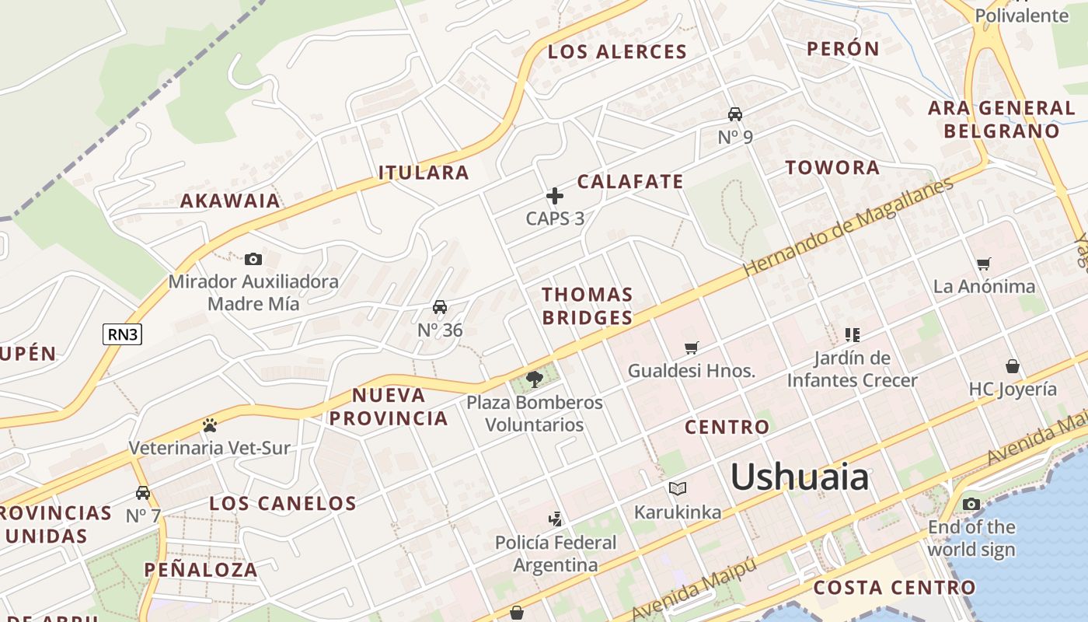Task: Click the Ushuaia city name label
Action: pyautogui.click(x=800, y=476)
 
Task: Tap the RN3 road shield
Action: pyautogui.click(x=123, y=334)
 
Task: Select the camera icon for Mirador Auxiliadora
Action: pyautogui.click(x=253, y=259)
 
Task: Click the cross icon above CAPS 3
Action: pyautogui.click(x=554, y=195)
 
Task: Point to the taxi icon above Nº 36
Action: pyautogui.click(x=440, y=307)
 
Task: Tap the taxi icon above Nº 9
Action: pyautogui.click(x=734, y=114)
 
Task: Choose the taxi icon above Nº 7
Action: pyautogui.click(x=143, y=492)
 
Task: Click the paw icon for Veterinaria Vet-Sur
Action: pyautogui.click(x=209, y=425)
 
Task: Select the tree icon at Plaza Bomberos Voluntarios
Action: pyautogui.click(x=534, y=379)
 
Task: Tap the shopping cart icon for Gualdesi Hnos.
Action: pyautogui.click(x=692, y=348)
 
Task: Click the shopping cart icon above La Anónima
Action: pyautogui.click(x=984, y=264)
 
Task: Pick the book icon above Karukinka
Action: pyautogui.click(x=678, y=488)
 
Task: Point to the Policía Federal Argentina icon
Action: pyautogui.click(x=555, y=519)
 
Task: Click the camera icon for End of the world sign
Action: pyautogui.click(x=971, y=504)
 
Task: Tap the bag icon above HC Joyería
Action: pyautogui.click(x=1013, y=365)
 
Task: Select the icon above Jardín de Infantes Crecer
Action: pyautogui.click(x=852, y=335)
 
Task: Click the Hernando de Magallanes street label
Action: pyautogui.click(x=847, y=227)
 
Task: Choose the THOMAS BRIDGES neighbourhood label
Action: pyautogui.click(x=588, y=306)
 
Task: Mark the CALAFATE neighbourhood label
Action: pyautogui.click(x=630, y=182)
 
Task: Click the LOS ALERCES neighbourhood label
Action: pyautogui.click(x=617, y=52)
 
